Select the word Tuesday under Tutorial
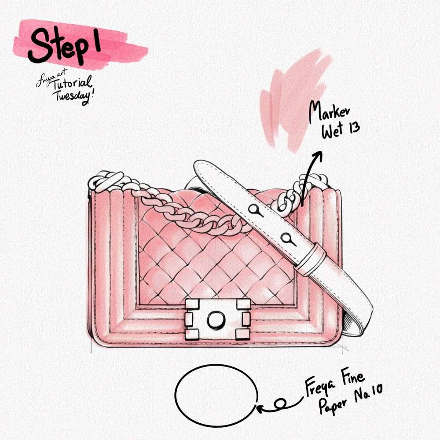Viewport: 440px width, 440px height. [x=74, y=97]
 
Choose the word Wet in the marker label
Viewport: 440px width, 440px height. [x=333, y=131]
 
